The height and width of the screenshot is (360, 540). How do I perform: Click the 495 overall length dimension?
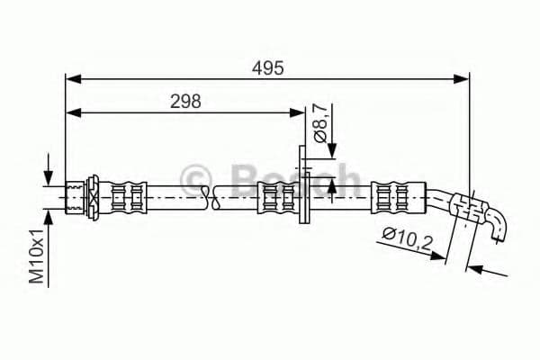(x=267, y=67)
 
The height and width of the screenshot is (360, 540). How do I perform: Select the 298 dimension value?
(x=185, y=101)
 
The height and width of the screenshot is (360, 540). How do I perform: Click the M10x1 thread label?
(x=37, y=256)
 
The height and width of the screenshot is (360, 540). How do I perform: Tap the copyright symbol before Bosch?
(x=195, y=178)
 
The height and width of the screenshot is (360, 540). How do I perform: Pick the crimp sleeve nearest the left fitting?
(x=124, y=195)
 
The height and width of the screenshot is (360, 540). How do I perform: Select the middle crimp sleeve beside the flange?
(x=275, y=195)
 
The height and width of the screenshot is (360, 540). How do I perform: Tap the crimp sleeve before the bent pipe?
(x=397, y=195)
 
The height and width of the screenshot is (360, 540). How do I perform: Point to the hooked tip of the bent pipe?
(x=499, y=231)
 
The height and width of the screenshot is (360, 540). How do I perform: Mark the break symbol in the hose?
(x=210, y=195)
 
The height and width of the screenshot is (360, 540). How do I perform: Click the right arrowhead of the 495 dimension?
(x=463, y=80)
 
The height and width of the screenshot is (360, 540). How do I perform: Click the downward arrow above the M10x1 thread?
(x=49, y=177)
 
